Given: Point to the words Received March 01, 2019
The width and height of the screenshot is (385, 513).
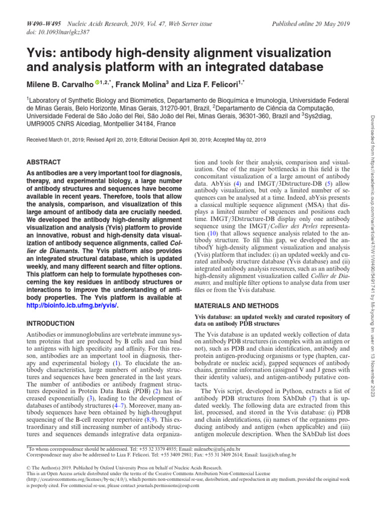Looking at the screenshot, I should tap(55, 140).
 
